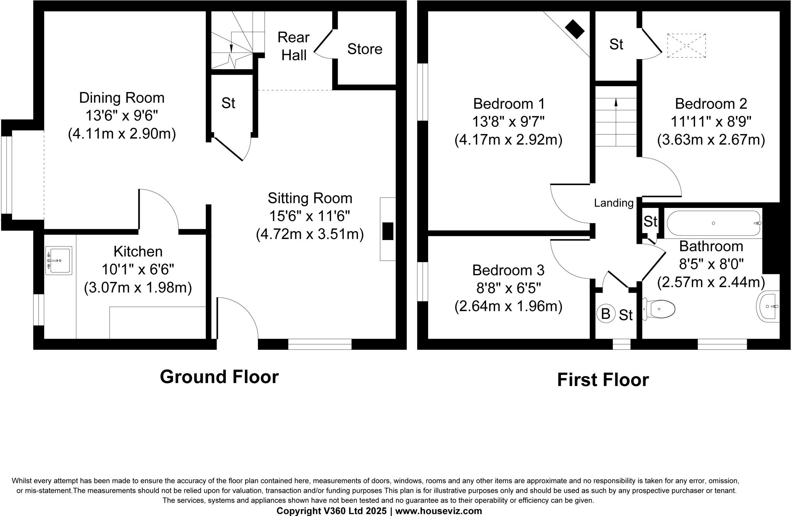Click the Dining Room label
point(122,98)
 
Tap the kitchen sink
point(59,261)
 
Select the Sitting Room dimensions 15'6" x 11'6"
point(309,216)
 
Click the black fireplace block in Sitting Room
point(388,231)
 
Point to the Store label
point(365,49)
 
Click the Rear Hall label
point(294,46)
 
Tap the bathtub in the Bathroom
point(714,223)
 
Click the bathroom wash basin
point(768,307)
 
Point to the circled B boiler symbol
point(606,313)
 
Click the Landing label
point(614,203)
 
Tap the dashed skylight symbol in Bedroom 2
point(686,46)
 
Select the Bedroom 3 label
point(508,270)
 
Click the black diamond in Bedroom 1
point(575,29)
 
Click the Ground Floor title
point(219,377)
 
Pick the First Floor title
point(603,380)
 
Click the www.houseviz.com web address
point(439,511)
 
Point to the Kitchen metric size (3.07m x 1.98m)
point(138,288)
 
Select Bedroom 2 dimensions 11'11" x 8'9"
point(711,122)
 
